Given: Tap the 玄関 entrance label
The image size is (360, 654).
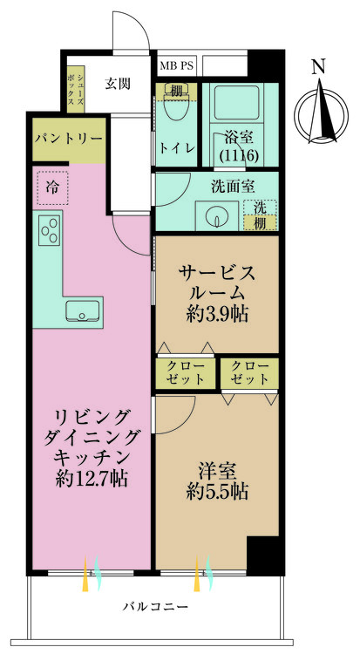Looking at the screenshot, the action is [117, 84].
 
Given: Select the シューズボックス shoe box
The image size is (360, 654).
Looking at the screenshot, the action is [76, 89].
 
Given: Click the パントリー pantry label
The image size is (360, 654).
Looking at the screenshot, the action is [69, 138].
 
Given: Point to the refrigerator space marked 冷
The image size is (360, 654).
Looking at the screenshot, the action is [52, 187].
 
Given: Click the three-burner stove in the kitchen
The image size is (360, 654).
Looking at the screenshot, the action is [49, 230].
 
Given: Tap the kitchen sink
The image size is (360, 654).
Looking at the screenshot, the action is [83, 310].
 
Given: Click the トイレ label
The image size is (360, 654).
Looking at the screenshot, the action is [176, 147].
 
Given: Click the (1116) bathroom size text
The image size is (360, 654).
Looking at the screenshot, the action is [240, 155].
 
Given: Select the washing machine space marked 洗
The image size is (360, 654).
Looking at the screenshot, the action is [261, 208].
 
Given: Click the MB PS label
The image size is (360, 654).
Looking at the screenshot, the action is [176, 66].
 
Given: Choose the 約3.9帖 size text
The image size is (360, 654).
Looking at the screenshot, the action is [217, 314].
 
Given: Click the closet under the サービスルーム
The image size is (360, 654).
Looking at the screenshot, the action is [186, 373].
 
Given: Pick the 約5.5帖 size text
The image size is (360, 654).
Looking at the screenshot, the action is [217, 492].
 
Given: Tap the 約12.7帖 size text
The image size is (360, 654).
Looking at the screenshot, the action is [92, 479].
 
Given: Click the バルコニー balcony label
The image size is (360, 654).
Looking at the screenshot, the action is [155, 606].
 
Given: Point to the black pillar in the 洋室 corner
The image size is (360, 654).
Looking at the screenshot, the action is [265, 555].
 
